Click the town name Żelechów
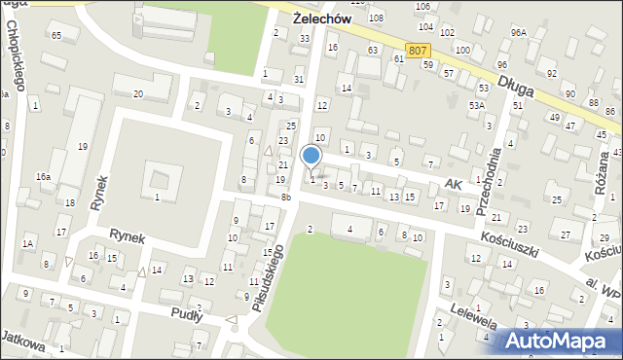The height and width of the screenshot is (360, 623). click(x=321, y=18)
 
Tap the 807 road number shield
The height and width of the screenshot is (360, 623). click(x=418, y=49)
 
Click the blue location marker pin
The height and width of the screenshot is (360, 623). click(x=311, y=157)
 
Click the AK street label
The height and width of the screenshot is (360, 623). click(x=451, y=183)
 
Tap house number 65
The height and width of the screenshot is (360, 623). click(x=56, y=35)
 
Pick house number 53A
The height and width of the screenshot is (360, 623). click(x=476, y=104)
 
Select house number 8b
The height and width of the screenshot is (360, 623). click(x=286, y=198)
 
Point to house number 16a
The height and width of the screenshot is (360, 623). click(x=43, y=176)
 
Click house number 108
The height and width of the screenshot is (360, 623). click(x=376, y=18)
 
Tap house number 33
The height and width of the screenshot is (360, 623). click(x=305, y=39)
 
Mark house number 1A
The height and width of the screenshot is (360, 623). click(x=29, y=242)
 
